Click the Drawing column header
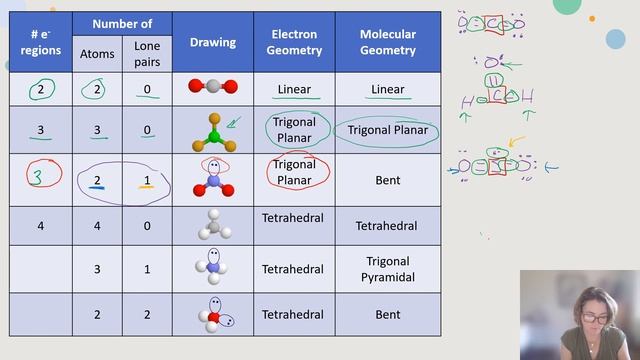pos(212,42)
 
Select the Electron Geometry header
pos(294,42)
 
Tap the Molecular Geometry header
pos(387,42)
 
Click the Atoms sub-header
pos(97,54)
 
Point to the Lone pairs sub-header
pos(146,54)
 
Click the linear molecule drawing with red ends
pos(212,87)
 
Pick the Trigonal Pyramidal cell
pos(387,269)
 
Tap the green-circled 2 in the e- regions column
pos(41,88)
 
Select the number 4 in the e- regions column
pos(41,226)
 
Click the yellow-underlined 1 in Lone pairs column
pos(146,180)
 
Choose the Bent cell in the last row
pos(387,314)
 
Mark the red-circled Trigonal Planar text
pos(294,171)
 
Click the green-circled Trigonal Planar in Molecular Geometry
pos(387,130)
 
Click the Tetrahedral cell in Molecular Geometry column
pos(387,226)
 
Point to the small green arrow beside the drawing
pos(234,124)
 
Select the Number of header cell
pos(122,24)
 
